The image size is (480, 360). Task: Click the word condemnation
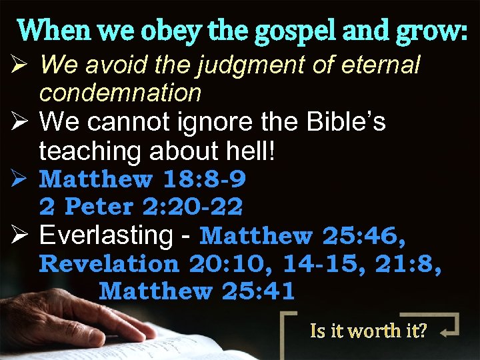coord(120,93)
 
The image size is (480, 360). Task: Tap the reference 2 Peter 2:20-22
coord(141,207)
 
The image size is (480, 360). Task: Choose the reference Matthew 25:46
coord(303,236)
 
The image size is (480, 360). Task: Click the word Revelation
coord(110,264)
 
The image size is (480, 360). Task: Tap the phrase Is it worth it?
coord(369,330)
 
